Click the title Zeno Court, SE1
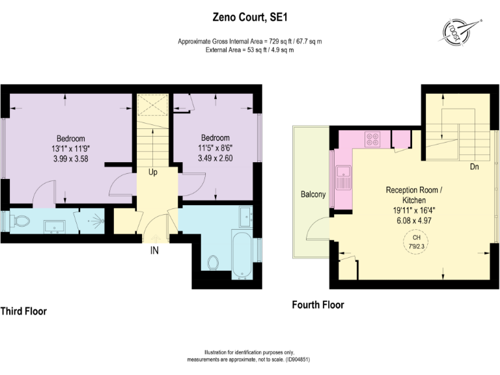coord(250,20)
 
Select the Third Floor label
coord(23,311)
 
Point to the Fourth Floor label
coord(318,305)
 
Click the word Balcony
coord(312,195)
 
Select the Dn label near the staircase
coord(475,167)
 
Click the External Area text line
coord(250,49)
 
